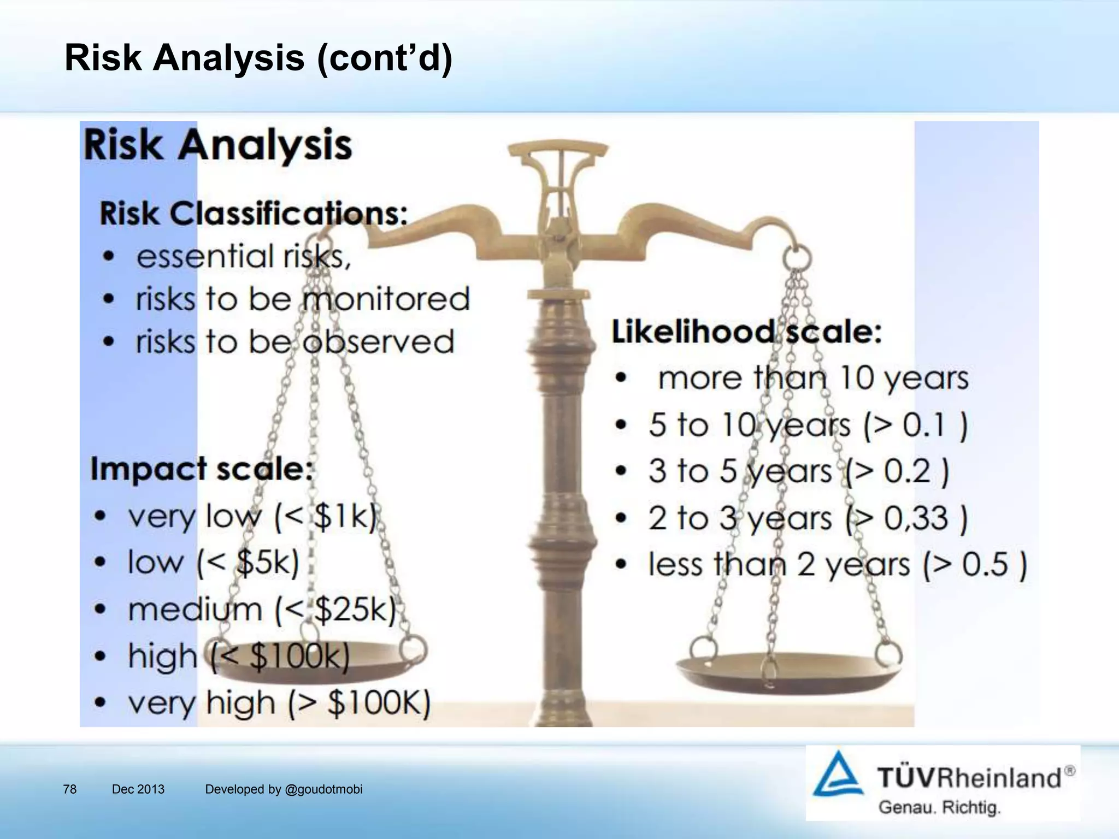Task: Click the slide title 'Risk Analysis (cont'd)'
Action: click(x=258, y=58)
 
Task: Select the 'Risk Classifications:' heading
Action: click(x=254, y=214)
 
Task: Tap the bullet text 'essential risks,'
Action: click(x=244, y=256)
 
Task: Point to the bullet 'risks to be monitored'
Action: click(x=303, y=299)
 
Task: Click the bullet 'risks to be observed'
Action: click(x=295, y=342)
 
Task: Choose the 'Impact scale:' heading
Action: click(x=202, y=469)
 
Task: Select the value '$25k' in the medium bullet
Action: click(x=355, y=610)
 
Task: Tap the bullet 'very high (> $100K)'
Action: click(x=279, y=703)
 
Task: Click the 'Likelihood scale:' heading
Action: click(x=746, y=332)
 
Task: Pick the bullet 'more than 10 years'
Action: click(x=812, y=378)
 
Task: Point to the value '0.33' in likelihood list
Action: click(x=916, y=518)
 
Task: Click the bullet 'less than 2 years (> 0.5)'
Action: click(x=837, y=564)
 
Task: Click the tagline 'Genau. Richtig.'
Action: click(x=939, y=807)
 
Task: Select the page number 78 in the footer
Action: click(x=70, y=789)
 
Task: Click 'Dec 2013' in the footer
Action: click(x=138, y=789)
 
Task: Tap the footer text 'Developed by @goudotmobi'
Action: click(x=284, y=789)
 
